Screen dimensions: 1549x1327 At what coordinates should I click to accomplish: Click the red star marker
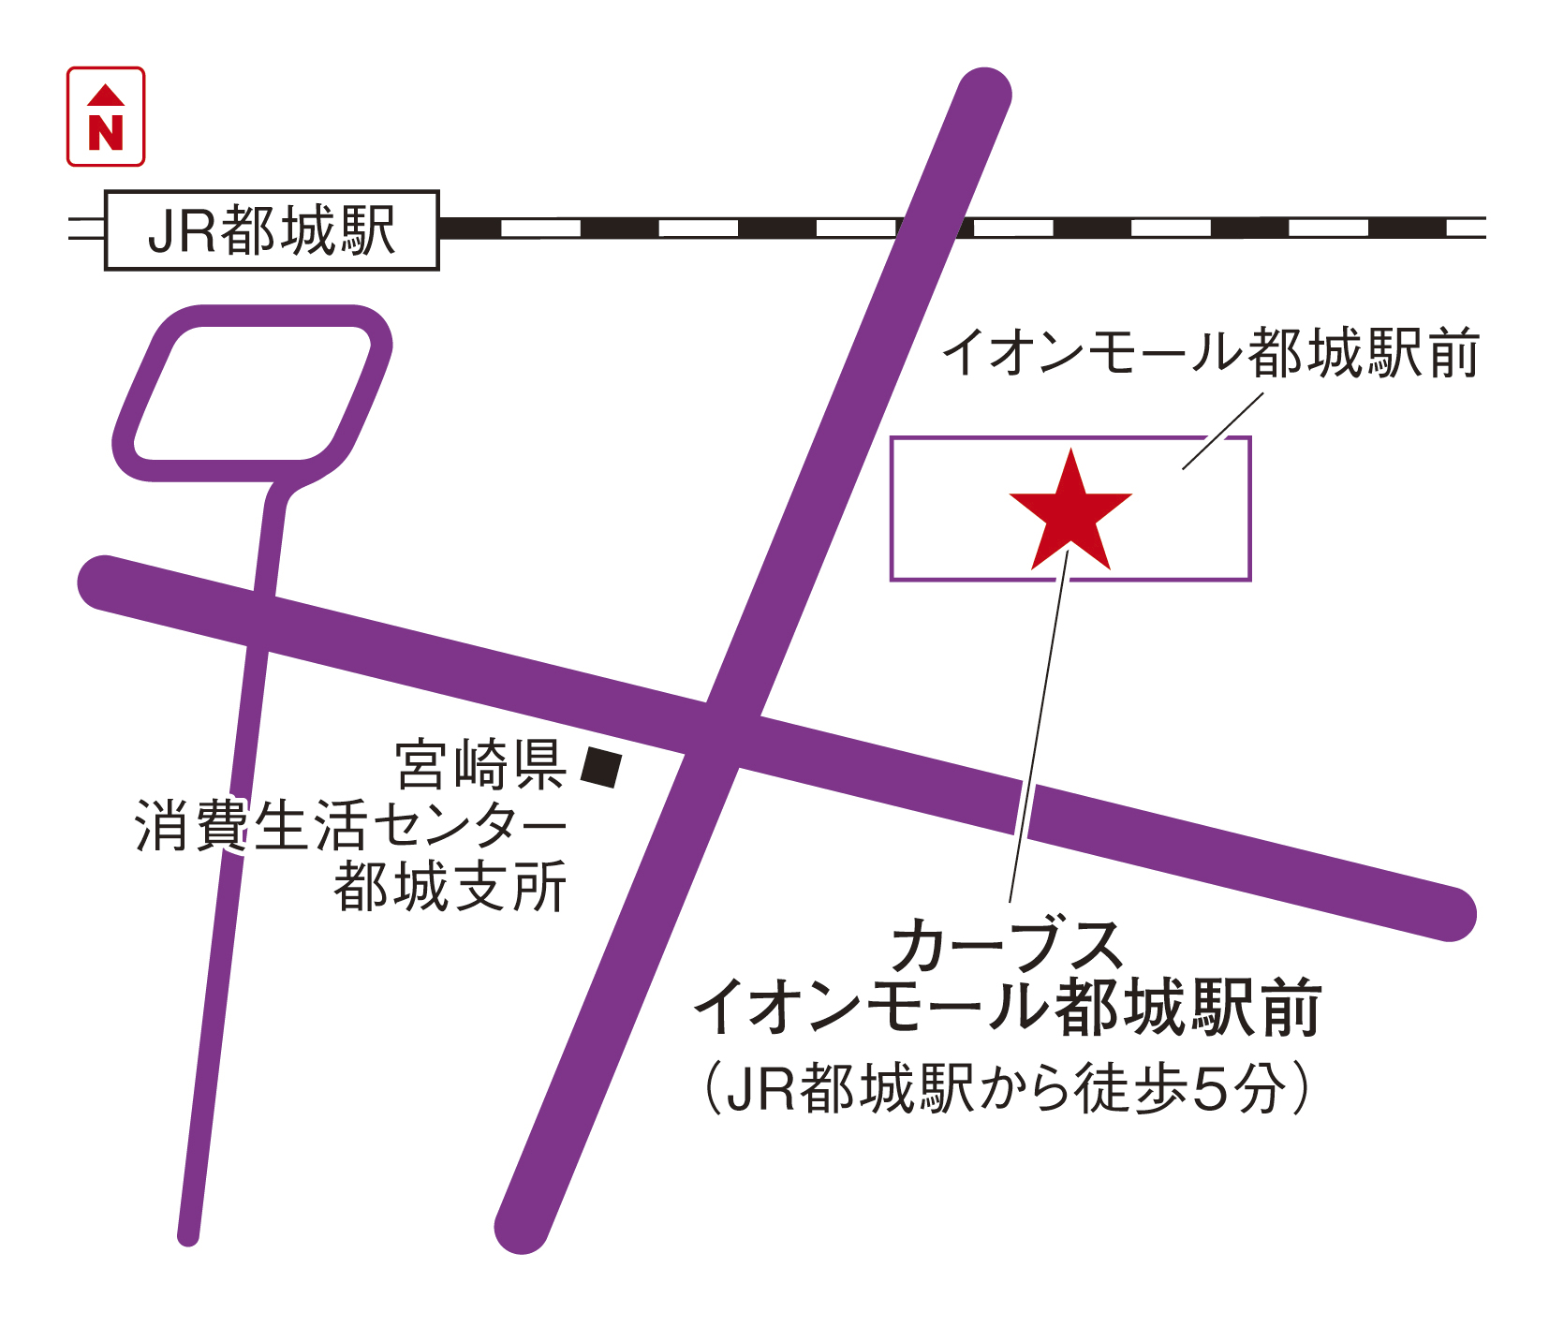1070,516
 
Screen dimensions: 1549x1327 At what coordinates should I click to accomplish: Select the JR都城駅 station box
272,230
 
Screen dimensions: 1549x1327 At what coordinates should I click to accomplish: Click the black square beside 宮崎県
600,767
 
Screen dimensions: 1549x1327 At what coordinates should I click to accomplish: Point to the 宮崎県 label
480,765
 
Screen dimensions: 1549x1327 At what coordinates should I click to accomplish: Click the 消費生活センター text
351,826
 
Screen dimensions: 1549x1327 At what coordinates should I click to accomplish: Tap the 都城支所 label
450,886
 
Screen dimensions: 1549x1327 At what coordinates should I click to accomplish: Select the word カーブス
1007,946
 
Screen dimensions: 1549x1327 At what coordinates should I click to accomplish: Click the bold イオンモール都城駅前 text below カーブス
1007,1008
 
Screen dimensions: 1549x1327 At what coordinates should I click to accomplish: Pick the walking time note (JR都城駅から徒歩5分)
1007,1088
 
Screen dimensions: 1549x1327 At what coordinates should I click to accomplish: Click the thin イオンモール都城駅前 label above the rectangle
1210,354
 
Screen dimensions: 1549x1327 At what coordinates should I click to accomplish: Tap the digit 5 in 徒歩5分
1208,1089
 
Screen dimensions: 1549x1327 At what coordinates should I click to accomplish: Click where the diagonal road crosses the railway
927,228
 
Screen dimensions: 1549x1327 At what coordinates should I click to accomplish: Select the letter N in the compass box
106,132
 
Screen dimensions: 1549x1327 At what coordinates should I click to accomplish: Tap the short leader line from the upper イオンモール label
1222,431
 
